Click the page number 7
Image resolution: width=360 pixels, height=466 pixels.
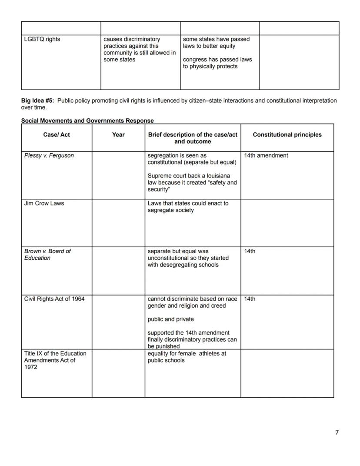click(337, 432)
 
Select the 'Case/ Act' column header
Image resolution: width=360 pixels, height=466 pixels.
click(57, 135)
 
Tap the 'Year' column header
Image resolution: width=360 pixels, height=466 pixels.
click(118, 135)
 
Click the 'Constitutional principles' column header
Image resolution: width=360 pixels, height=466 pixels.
click(287, 135)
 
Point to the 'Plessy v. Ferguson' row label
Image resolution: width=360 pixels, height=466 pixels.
click(49, 156)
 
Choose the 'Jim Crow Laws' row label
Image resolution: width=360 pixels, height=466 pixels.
click(44, 204)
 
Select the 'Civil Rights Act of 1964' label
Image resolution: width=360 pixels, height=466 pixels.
click(54, 299)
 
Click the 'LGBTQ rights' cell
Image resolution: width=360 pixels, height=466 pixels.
click(42, 40)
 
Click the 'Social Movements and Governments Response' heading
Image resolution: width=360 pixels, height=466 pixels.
click(87, 121)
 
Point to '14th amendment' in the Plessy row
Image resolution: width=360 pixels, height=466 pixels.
click(266, 156)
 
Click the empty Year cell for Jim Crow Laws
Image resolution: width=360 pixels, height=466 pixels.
click(118, 223)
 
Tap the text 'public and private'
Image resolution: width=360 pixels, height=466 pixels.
click(170, 319)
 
